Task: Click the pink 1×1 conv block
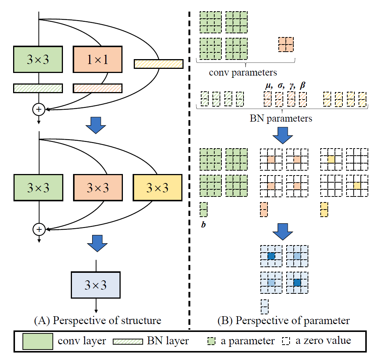[x=97, y=59]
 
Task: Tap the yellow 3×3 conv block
[x=157, y=187]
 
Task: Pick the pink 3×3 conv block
[x=97, y=187]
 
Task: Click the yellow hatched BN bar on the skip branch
[x=158, y=64]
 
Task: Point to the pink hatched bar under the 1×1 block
[x=97, y=88]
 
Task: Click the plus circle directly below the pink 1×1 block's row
[x=39, y=109]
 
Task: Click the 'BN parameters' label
[x=281, y=119]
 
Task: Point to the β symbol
[x=303, y=86]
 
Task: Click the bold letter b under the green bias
[x=203, y=225]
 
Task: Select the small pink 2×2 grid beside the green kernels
[x=286, y=45]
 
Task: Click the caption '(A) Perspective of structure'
[x=97, y=320]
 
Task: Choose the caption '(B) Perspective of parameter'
[x=284, y=320]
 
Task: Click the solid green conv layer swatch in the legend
[x=37, y=341]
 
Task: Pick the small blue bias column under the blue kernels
[x=264, y=306]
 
